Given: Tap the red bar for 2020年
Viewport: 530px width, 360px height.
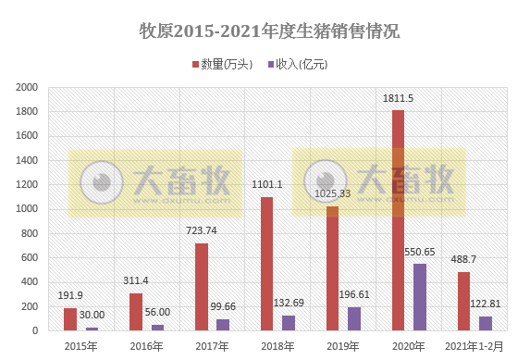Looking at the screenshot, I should click(x=399, y=220).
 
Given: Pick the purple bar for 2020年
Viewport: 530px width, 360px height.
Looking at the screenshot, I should click(x=420, y=297).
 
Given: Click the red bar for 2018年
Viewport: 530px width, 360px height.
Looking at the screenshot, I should click(x=267, y=264).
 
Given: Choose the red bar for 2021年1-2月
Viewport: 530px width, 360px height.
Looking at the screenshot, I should click(x=464, y=301).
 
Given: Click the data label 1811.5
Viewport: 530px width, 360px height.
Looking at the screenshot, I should click(x=398, y=98).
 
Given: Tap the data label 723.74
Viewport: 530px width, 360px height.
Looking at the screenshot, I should click(x=201, y=230).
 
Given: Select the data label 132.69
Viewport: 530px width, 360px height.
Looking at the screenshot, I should click(x=290, y=302).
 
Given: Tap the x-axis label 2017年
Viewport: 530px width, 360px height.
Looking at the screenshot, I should click(x=213, y=346).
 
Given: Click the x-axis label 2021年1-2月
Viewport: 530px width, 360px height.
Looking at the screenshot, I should click(x=475, y=346).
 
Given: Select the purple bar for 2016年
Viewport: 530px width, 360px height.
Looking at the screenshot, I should click(x=157, y=327).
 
